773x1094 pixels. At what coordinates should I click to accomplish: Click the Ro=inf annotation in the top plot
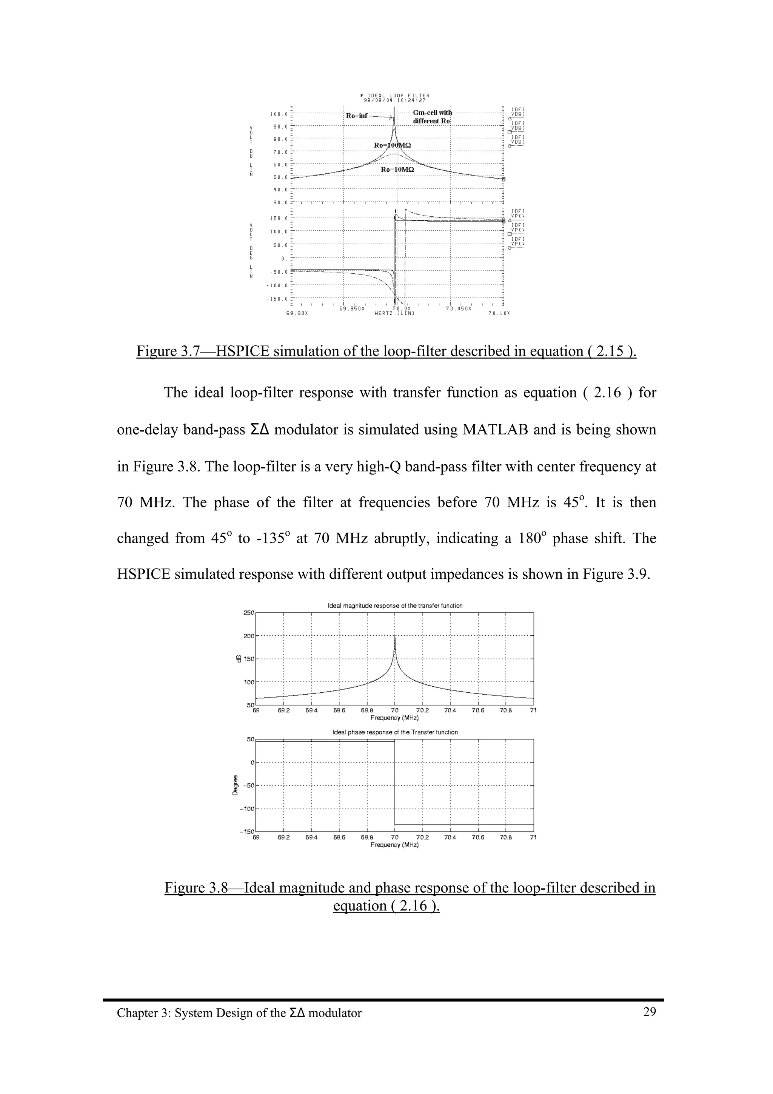(356, 116)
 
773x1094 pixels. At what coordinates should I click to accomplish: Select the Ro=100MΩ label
(392, 145)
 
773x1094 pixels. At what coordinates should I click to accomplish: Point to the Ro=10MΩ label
(397, 169)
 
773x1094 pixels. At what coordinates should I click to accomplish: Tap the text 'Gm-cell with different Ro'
(432, 117)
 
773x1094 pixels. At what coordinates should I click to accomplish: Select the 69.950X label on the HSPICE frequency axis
(351, 308)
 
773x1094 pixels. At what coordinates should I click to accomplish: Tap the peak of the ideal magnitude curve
(395, 637)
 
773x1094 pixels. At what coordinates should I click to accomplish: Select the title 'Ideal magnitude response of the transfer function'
(395, 606)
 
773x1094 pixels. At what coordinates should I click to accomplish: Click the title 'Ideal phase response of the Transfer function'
(395, 732)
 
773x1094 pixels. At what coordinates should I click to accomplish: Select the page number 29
(649, 1012)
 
